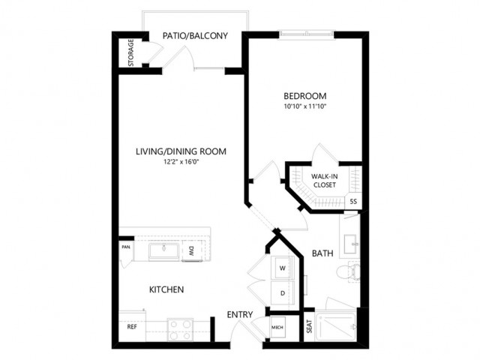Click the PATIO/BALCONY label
click(x=195, y=36)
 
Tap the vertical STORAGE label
click(x=131, y=52)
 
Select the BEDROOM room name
click(x=305, y=96)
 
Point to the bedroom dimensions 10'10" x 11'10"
click(x=305, y=106)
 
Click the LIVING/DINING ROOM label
click(x=181, y=151)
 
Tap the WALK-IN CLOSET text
click(x=325, y=181)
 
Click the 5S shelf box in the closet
click(x=353, y=202)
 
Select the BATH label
click(x=322, y=253)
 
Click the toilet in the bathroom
click(x=348, y=271)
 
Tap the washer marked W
click(x=282, y=268)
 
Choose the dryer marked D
click(x=283, y=293)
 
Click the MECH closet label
click(x=277, y=327)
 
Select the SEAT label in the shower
click(x=309, y=327)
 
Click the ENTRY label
click(x=240, y=314)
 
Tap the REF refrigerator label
click(x=132, y=327)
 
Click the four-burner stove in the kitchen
click(x=180, y=330)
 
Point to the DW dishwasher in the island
click(x=192, y=251)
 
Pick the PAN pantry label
click(x=126, y=247)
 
